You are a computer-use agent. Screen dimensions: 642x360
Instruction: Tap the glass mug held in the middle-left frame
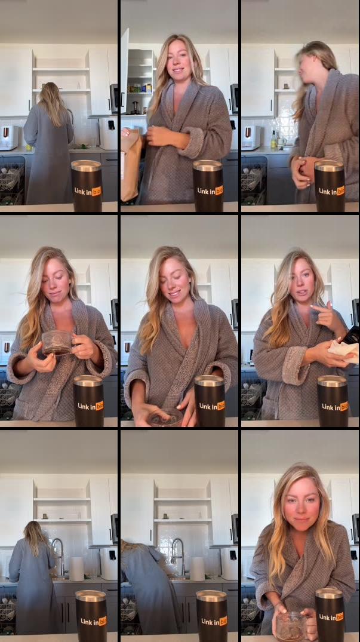57,342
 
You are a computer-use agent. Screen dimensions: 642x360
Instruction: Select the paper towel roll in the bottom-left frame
76,569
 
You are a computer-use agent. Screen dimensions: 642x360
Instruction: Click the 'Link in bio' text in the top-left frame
87,191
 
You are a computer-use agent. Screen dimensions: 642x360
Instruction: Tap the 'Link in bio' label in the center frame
211,406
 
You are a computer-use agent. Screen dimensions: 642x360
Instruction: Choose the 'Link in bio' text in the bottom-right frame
331,621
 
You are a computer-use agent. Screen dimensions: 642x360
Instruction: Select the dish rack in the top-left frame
11,179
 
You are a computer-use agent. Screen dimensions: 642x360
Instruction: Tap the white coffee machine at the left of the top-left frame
8,137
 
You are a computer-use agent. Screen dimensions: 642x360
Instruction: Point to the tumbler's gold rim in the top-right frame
330,165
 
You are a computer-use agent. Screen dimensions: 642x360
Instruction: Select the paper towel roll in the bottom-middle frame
197,569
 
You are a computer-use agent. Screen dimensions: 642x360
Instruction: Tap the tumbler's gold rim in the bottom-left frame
91,595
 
